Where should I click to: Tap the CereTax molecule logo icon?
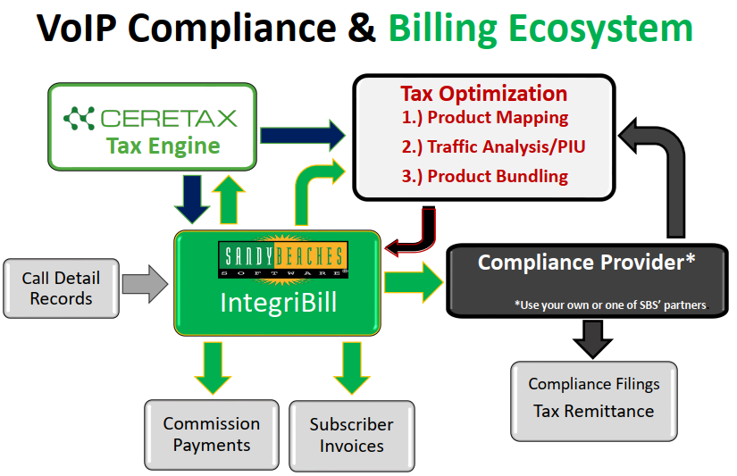pos(80,117)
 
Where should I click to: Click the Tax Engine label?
pos(163,146)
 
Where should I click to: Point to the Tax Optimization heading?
pos(483,94)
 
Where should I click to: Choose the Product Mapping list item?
pos(484,117)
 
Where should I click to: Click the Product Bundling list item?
pos(484,176)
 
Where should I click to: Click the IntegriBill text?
pos(279,302)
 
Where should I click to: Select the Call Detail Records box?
pos(61,288)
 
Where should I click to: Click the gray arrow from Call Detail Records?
pos(146,285)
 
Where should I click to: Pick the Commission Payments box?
pos(212,434)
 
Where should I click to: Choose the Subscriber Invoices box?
pos(352,435)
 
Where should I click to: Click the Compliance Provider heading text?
pos(586,263)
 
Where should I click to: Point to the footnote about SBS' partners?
pos(610,305)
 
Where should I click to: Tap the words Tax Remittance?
pos(594,412)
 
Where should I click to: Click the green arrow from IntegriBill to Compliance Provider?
pos(414,283)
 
